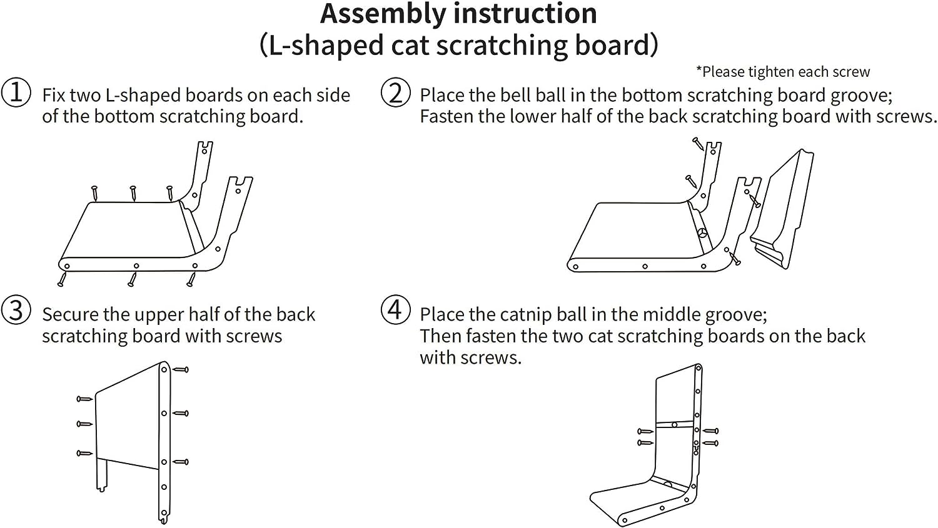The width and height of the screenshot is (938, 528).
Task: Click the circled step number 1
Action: (16, 92)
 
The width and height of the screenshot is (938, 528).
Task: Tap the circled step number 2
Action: (396, 92)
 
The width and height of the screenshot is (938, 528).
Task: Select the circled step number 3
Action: (16, 311)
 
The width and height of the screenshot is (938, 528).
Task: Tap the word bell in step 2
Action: (517, 95)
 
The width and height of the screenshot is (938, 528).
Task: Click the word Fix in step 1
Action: (54, 95)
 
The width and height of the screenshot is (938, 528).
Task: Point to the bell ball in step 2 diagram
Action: (703, 234)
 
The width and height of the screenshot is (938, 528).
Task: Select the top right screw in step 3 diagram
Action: (180, 370)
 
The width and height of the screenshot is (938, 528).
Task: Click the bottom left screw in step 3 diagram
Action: (84, 453)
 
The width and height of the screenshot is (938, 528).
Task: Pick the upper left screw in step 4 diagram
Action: (645, 431)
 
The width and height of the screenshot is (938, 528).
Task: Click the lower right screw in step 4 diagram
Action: (710, 443)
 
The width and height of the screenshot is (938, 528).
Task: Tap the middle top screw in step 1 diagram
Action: (133, 193)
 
